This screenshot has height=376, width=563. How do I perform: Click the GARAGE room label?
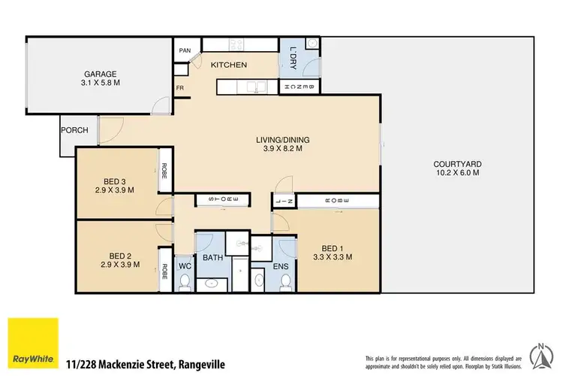tap(99, 74)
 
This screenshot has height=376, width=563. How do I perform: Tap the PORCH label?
tap(74, 130)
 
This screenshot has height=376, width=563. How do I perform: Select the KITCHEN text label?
tap(228, 65)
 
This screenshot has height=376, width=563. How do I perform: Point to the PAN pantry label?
tap(185, 51)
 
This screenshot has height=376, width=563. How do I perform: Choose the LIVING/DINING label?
tap(283, 140)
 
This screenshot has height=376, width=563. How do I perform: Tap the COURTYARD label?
tap(457, 165)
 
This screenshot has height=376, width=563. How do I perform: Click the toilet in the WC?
tap(185, 283)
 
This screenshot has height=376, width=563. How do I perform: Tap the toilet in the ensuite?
tap(285, 281)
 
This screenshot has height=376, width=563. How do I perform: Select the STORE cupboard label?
tap(218, 199)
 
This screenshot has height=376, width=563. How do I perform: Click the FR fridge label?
tap(180, 88)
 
